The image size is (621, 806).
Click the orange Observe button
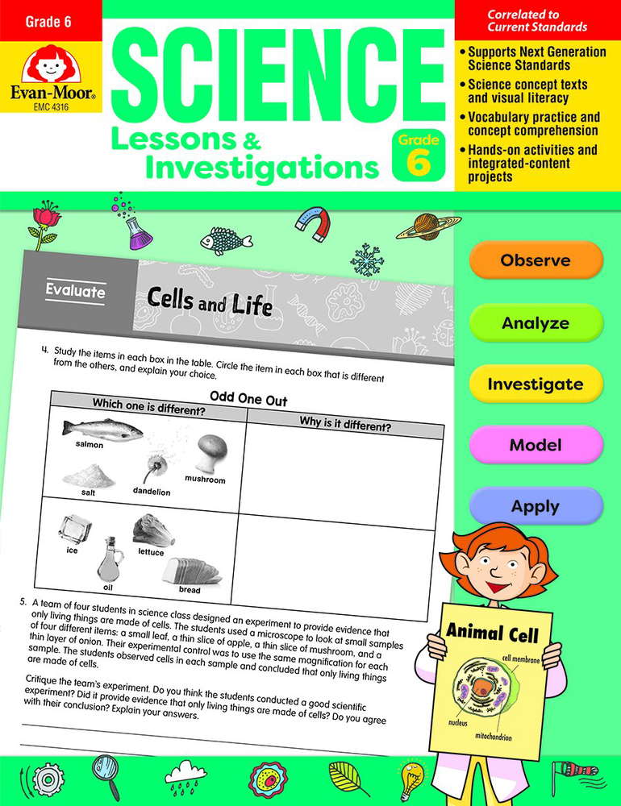[x=536, y=260]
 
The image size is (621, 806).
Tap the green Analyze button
[x=536, y=322]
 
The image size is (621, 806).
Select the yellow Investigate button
[x=536, y=384]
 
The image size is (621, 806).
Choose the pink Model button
[x=536, y=445]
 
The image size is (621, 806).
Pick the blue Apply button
[x=536, y=506]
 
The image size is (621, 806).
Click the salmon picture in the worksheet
[x=100, y=430]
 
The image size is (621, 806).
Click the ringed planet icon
[x=428, y=226]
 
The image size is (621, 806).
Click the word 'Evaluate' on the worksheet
[x=76, y=292]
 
